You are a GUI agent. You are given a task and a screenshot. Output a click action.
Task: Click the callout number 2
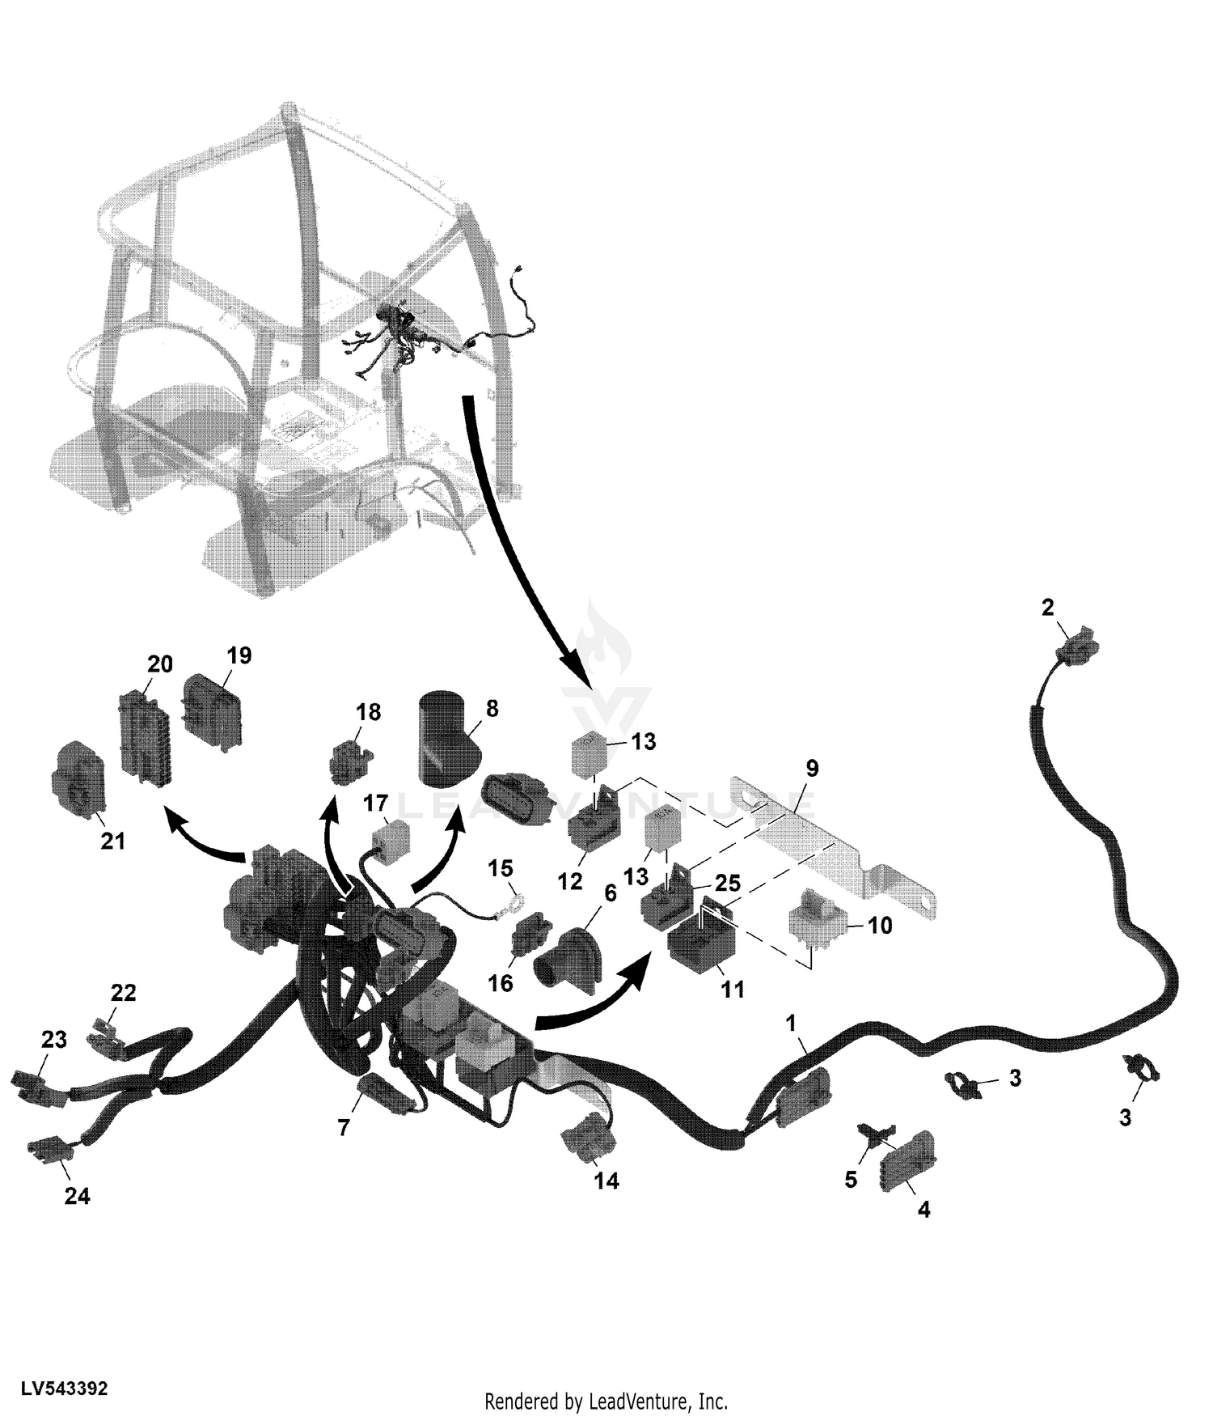tap(1048, 608)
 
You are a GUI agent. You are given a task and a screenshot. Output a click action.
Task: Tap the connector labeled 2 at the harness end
tap(1076, 644)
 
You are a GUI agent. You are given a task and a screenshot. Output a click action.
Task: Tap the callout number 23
tap(54, 1040)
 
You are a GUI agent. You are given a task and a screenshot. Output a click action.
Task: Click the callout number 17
tap(375, 804)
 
